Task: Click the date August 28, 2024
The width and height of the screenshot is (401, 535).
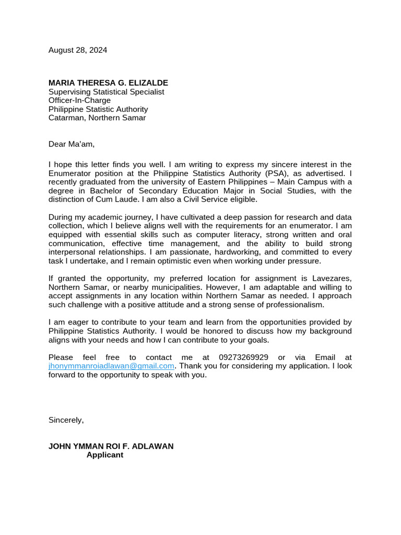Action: [x=78, y=50]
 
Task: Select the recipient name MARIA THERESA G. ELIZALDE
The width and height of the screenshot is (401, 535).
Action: [x=108, y=83]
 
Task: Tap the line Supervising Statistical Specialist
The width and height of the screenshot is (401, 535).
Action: [x=106, y=92]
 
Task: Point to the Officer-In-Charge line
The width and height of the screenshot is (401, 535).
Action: [x=79, y=100]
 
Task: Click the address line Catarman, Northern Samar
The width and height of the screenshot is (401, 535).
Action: [x=97, y=118]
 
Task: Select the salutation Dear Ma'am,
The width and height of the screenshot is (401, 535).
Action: [x=72, y=144]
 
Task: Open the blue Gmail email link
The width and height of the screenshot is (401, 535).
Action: [x=111, y=366]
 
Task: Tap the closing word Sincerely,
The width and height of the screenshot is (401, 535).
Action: [x=66, y=420]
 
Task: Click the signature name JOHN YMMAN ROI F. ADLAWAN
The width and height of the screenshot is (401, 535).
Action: [x=111, y=446]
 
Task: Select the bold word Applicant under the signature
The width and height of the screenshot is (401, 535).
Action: [x=105, y=455]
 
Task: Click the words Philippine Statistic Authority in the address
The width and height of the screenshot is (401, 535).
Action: [x=98, y=109]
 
